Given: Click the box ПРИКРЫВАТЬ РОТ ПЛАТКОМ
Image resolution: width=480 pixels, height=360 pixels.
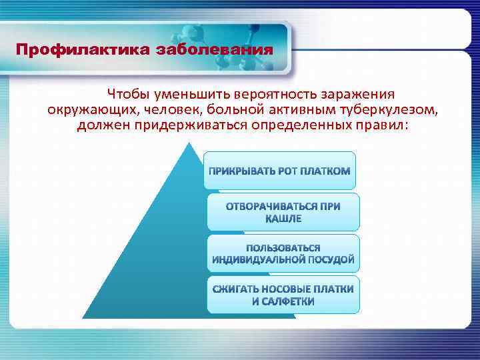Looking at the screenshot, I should pos(280,171).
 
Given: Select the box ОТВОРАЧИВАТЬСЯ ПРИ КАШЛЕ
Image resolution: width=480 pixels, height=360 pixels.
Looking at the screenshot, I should pos(283,212).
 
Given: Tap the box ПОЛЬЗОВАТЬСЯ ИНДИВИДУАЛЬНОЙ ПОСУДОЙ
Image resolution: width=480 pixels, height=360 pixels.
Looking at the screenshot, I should pos(283,253).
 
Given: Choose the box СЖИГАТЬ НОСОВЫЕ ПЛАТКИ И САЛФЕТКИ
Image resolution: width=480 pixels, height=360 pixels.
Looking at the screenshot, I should pos(283,295).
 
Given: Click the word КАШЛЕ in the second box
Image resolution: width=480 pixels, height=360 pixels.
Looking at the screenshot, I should pos(283,219).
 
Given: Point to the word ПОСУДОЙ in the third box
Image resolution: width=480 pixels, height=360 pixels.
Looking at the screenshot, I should pos(331,259).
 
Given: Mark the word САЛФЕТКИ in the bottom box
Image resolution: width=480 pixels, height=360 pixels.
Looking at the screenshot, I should pos(289,301).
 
